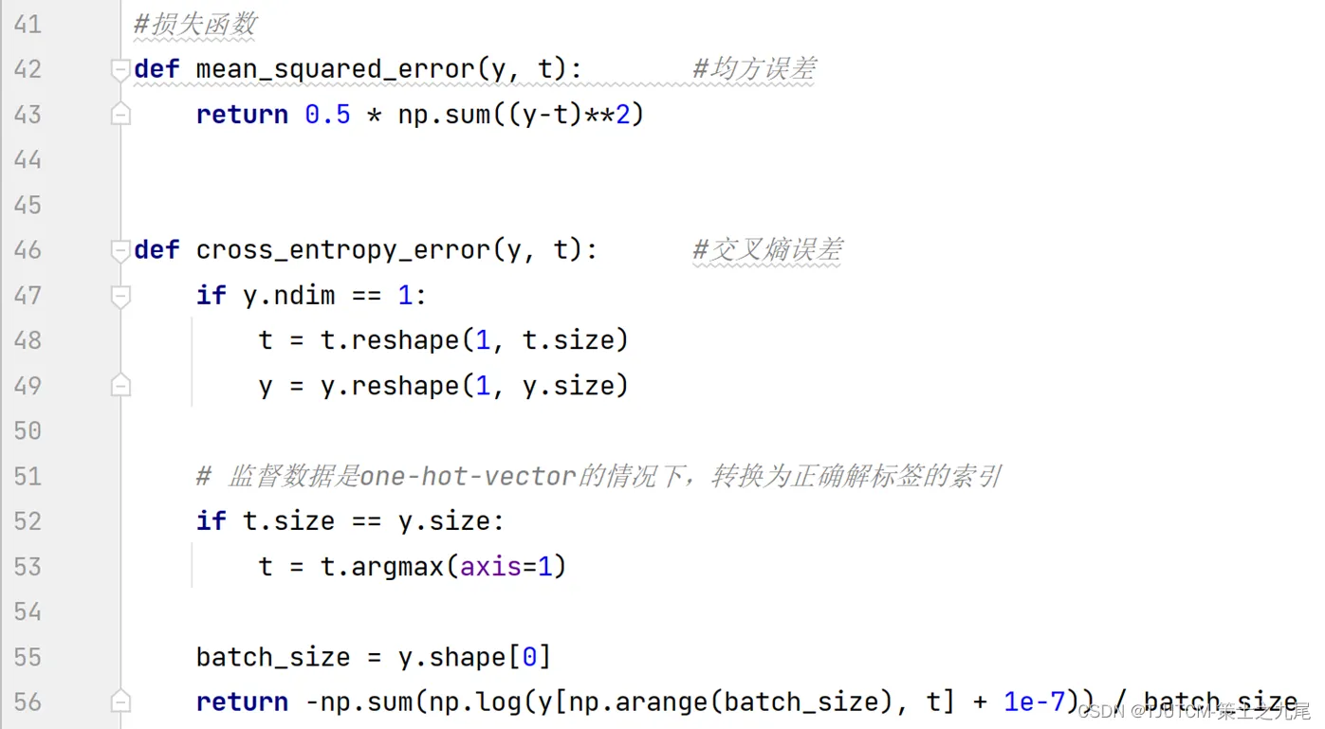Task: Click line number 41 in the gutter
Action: (x=28, y=25)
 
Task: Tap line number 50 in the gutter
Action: (x=28, y=431)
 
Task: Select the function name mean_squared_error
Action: (x=336, y=70)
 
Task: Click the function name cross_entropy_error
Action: (x=343, y=250)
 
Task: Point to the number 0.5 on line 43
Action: (x=327, y=115)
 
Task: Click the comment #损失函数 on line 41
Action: (x=194, y=25)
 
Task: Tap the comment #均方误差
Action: (x=754, y=69)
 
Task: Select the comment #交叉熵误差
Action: (x=767, y=250)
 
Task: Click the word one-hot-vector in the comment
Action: (x=468, y=477)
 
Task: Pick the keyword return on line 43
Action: (x=242, y=115)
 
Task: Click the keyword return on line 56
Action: (x=242, y=702)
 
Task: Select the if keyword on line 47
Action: (x=212, y=295)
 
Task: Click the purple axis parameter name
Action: (x=490, y=567)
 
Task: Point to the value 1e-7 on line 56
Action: (x=1034, y=702)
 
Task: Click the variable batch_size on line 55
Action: (x=273, y=658)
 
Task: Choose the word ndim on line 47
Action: (x=304, y=295)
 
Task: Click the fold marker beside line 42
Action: (x=120, y=70)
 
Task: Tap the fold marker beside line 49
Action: (x=120, y=386)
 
